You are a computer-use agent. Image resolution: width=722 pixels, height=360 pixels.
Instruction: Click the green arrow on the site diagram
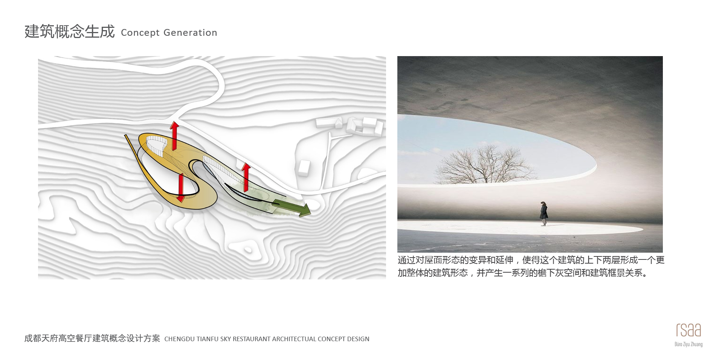[x=292, y=207]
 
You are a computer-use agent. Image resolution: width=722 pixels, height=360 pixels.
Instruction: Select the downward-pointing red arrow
[x=181, y=188]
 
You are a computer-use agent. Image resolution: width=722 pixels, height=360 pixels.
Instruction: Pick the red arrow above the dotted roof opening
[x=174, y=136]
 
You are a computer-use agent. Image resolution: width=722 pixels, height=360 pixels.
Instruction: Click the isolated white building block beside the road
[x=304, y=167]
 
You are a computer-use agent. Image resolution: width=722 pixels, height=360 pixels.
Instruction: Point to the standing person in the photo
[x=543, y=214]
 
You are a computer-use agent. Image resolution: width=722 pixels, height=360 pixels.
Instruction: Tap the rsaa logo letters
[x=688, y=330]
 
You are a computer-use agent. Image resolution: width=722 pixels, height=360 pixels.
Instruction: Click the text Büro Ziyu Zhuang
[x=688, y=344]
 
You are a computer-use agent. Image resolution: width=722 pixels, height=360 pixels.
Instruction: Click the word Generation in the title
[x=190, y=33]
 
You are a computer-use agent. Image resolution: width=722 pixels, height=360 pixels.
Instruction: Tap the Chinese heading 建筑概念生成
[x=70, y=32]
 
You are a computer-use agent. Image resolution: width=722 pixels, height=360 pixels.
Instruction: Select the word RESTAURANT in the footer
[x=252, y=339]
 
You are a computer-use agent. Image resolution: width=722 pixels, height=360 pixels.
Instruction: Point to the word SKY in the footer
[x=226, y=339]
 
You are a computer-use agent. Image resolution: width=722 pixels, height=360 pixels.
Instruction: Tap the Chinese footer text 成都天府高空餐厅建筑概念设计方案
[x=92, y=339]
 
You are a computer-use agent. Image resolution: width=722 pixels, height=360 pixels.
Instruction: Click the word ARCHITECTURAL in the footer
[x=294, y=339]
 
